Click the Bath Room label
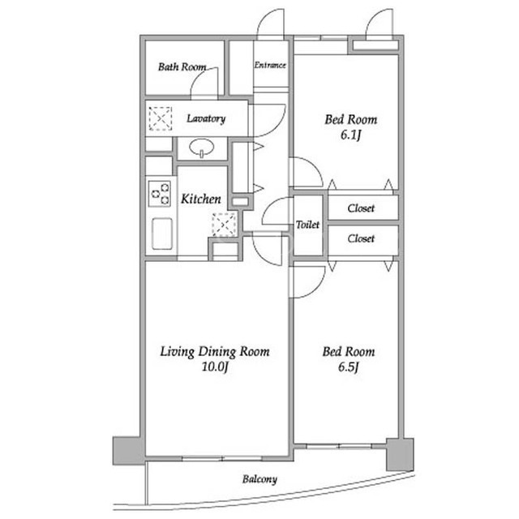[x=182, y=66]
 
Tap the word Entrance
[x=270, y=65]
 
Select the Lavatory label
[x=206, y=118]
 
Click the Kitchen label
[x=201, y=199]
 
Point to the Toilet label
[x=307, y=225]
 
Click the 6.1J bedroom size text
[x=350, y=135]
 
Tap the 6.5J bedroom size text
[x=349, y=367]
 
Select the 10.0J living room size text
[x=215, y=367]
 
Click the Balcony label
[x=259, y=479]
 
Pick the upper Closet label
[x=361, y=208]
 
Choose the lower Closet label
[x=361, y=238]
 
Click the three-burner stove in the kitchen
[x=160, y=194]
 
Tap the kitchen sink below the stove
[x=162, y=234]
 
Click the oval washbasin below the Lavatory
[x=202, y=148]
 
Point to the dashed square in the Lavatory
[x=161, y=118]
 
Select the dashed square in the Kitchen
[x=225, y=225]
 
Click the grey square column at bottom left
[x=129, y=451]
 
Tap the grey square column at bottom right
[x=400, y=454]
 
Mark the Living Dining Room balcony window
[x=222, y=458]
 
